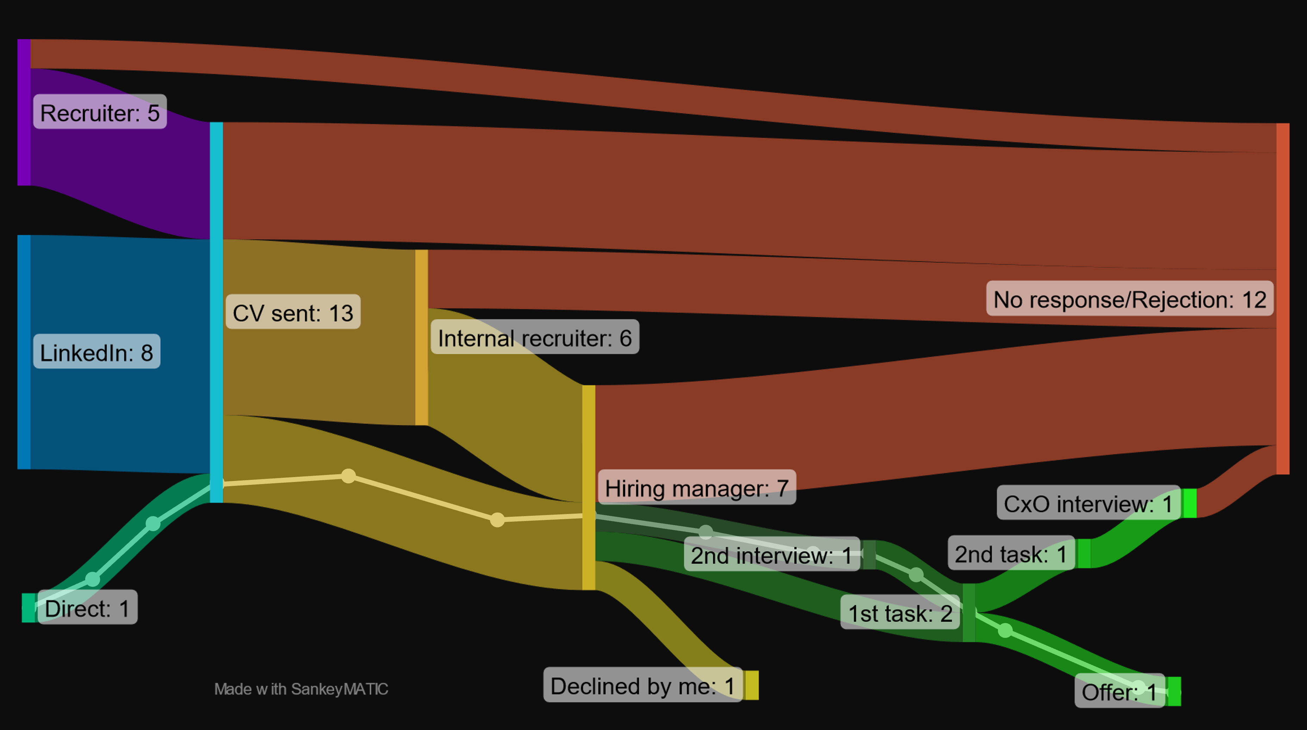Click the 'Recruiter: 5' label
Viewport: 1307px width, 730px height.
pyautogui.click(x=100, y=112)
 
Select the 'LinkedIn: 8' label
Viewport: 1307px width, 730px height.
pyautogui.click(x=96, y=352)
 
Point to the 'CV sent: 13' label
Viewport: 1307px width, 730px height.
pyautogui.click(x=293, y=312)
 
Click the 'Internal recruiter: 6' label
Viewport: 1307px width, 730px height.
pyautogui.click(x=535, y=337)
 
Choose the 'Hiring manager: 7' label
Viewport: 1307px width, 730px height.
pyautogui.click(x=697, y=488)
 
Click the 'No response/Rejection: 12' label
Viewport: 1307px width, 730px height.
pyautogui.click(x=1130, y=299)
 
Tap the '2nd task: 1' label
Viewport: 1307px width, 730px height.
pyautogui.click(x=1011, y=553)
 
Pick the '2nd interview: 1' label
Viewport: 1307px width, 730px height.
pyautogui.click(x=771, y=554)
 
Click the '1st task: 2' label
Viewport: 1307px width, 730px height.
pyautogui.click(x=900, y=612)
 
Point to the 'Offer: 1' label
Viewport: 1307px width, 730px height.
pyautogui.click(x=1119, y=691)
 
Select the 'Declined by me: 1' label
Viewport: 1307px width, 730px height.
pyautogui.click(x=642, y=685)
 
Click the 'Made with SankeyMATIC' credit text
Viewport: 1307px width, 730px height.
pyautogui.click(x=301, y=689)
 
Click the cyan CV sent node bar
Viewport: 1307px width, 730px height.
pyautogui.click(x=216, y=312)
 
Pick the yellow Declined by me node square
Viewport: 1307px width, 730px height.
pyautogui.click(x=752, y=685)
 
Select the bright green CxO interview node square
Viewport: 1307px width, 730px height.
pyautogui.click(x=1189, y=503)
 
